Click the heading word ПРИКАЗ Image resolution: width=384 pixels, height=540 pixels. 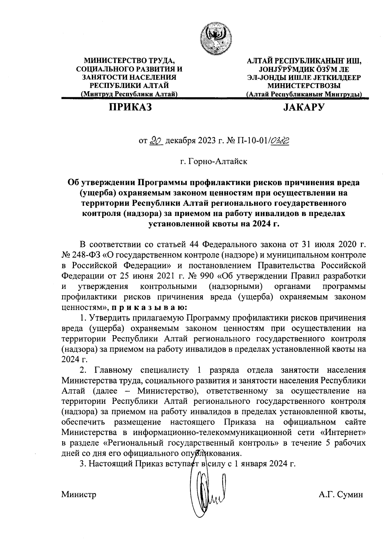coord(130,107)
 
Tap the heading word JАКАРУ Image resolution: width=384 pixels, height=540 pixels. coord(303,107)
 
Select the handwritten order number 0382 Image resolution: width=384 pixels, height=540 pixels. coord(280,141)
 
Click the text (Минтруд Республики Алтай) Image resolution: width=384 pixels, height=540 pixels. coord(130,94)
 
